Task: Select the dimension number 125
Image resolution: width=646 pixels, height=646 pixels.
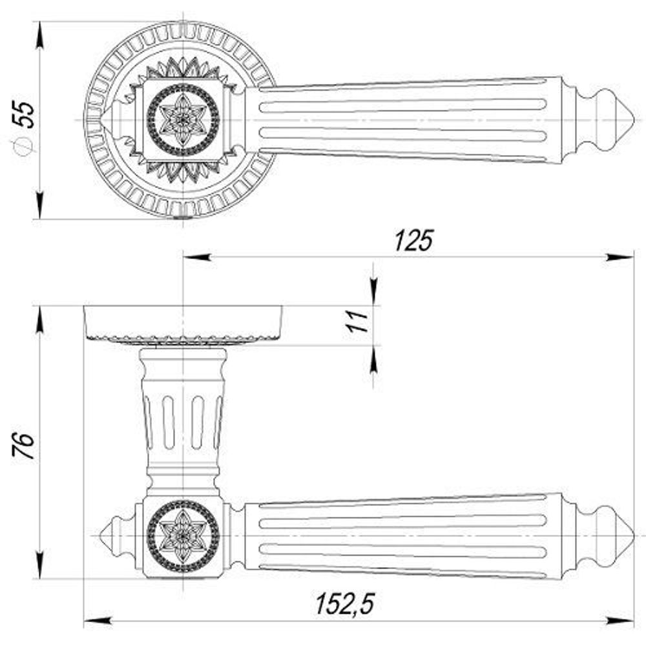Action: (413, 240)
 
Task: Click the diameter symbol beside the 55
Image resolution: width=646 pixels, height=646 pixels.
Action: (25, 147)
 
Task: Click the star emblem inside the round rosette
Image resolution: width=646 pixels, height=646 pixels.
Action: (183, 120)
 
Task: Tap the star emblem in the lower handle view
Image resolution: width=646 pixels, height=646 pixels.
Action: (183, 536)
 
